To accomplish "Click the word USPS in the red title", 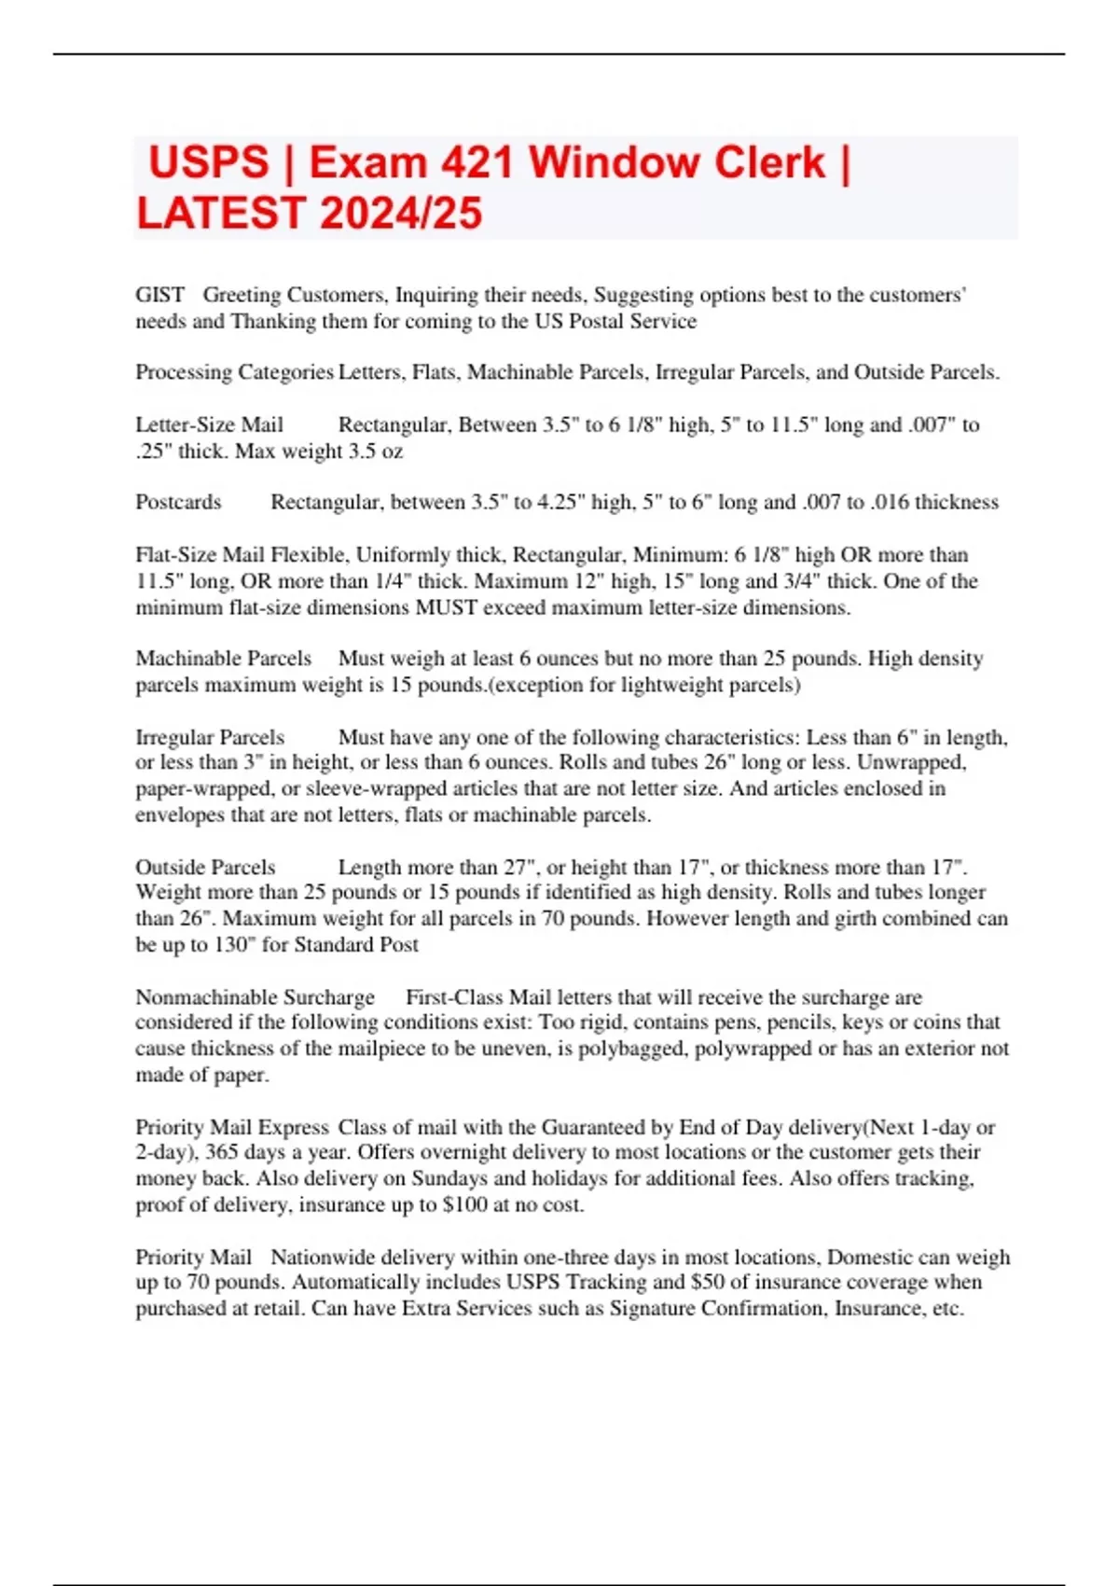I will (209, 162).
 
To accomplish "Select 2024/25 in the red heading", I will (402, 213).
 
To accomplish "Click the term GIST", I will (159, 295).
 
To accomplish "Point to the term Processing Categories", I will (234, 372).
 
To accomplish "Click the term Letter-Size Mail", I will (209, 425).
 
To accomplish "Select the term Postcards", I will (178, 502).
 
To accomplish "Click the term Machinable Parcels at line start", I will (223, 659).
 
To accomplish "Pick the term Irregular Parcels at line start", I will (210, 737).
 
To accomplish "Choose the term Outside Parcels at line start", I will (205, 867).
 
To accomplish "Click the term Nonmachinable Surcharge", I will (255, 997).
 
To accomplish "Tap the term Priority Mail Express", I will (232, 1127).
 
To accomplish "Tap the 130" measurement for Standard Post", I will (233, 944).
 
